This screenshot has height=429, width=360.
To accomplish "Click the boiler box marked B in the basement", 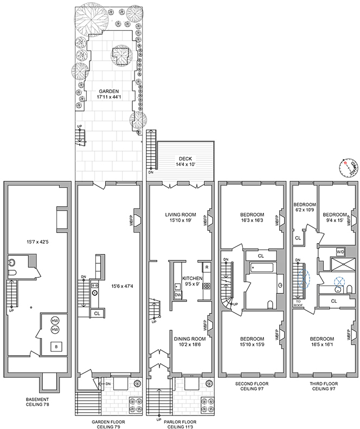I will [x=54, y=347].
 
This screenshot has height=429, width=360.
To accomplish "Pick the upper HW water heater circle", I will [x=54, y=320].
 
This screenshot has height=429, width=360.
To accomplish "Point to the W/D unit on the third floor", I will [x=340, y=252].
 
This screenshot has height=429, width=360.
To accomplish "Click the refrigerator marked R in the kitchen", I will [x=207, y=267].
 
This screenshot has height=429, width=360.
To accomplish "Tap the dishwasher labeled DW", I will [x=177, y=295].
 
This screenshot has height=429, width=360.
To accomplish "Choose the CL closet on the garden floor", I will [x=97, y=313].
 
